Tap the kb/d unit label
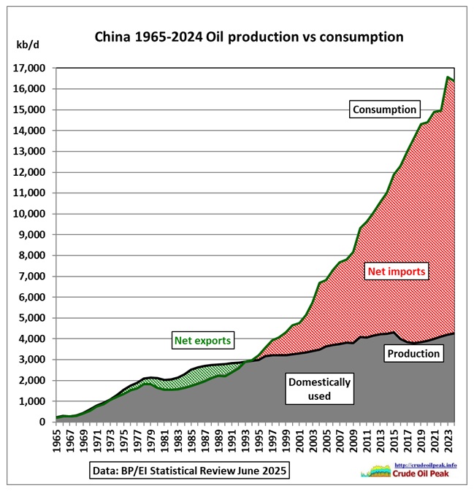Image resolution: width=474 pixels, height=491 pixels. tap(27, 45)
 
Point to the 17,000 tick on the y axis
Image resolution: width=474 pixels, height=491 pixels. tap(30, 68)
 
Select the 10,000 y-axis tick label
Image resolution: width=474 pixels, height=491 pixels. tap(30, 214)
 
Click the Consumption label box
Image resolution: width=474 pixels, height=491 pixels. tap(384, 110)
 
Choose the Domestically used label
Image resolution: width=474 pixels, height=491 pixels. tap(319, 389)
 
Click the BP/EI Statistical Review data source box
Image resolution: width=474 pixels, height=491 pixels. tap(191, 471)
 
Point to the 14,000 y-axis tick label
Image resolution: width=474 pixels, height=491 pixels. tap(30, 131)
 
